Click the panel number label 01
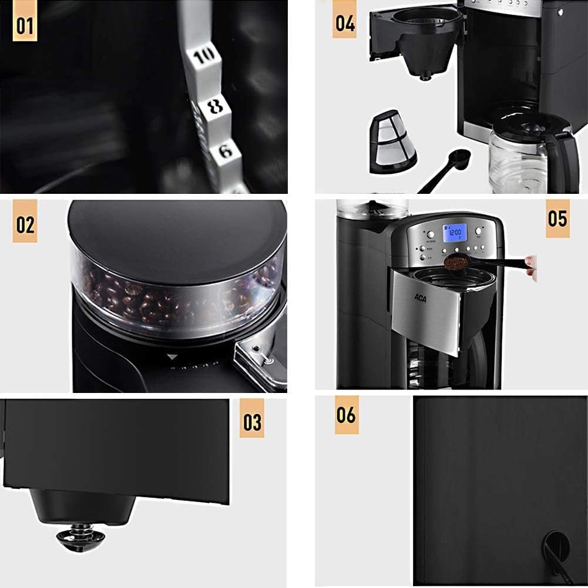25,26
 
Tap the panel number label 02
25,224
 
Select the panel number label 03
252,421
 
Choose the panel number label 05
557,219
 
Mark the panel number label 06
347,415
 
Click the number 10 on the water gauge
203,57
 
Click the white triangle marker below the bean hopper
172,356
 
